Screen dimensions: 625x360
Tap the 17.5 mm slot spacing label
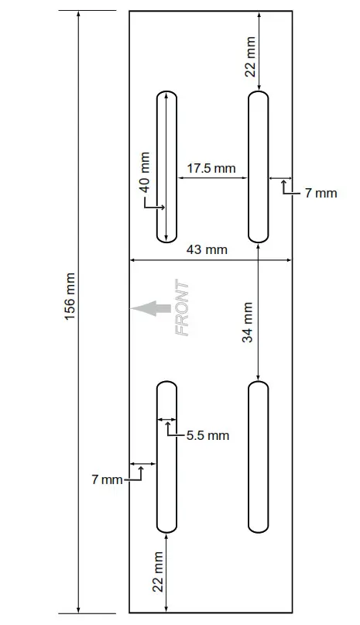point(211,168)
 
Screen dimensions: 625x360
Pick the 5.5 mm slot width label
point(207,435)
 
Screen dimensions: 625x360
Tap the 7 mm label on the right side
point(321,193)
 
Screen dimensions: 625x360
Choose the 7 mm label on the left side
point(107,480)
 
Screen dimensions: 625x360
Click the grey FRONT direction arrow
point(150,308)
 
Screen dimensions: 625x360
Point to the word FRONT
point(183,308)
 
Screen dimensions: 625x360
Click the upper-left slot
point(166,167)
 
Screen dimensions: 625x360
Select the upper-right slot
point(258,167)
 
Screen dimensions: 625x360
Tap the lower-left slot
point(166,457)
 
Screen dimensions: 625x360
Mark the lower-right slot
point(258,457)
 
